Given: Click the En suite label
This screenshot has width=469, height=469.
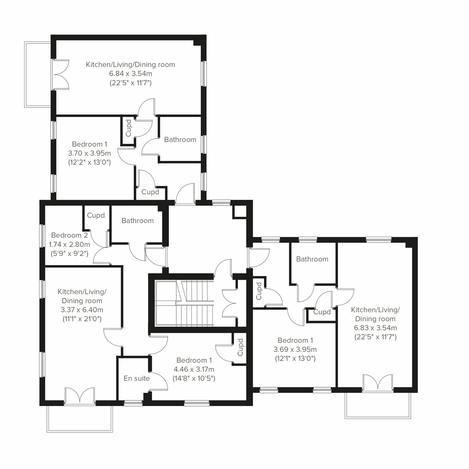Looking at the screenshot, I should [x=136, y=378].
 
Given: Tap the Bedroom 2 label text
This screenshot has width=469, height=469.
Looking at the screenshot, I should [x=69, y=235].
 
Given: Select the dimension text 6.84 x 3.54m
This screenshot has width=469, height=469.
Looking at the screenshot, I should [x=130, y=73].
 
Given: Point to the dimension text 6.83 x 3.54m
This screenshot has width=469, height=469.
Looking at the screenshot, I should [x=375, y=328].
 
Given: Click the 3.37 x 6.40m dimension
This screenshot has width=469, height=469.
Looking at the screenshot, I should [x=82, y=310].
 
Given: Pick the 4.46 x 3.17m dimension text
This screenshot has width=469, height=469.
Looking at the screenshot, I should [x=194, y=369].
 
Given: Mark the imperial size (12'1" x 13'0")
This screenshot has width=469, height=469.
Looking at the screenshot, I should [x=295, y=358].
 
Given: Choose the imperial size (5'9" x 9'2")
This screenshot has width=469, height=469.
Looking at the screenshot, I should [x=69, y=253].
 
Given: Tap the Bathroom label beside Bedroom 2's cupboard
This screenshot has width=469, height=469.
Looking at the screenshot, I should [x=137, y=221].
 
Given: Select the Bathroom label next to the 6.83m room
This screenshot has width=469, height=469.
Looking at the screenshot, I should [x=312, y=259].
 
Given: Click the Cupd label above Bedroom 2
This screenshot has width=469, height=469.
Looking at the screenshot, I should [x=96, y=215].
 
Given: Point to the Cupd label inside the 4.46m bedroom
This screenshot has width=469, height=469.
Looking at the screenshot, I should [x=240, y=347].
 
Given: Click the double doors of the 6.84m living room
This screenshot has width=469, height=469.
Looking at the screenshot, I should [x=61, y=74].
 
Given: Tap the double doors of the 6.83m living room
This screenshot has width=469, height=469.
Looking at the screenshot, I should [x=378, y=383].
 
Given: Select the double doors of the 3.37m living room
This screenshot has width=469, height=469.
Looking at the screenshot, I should [x=80, y=395].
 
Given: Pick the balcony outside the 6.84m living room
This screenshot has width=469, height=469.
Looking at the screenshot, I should [x=38, y=74].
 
